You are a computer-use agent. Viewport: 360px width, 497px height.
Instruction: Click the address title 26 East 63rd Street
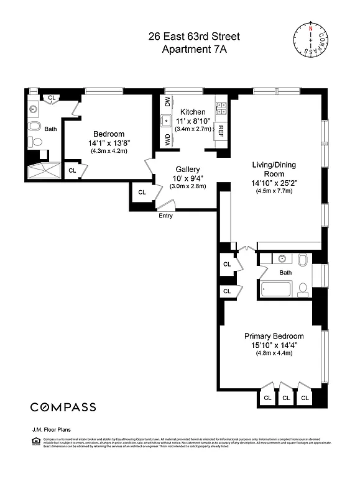coord(193,37)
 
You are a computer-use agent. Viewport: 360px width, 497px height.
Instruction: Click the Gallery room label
coord(187,169)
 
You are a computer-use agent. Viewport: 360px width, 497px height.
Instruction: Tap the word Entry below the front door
coord(166,216)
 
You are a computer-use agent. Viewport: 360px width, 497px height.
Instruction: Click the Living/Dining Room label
coord(273,169)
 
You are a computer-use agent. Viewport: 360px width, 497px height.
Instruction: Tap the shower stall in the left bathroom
coord(44,170)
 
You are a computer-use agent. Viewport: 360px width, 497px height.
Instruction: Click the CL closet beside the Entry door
coord(142,193)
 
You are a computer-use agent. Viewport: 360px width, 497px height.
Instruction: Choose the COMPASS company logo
coord(63,408)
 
